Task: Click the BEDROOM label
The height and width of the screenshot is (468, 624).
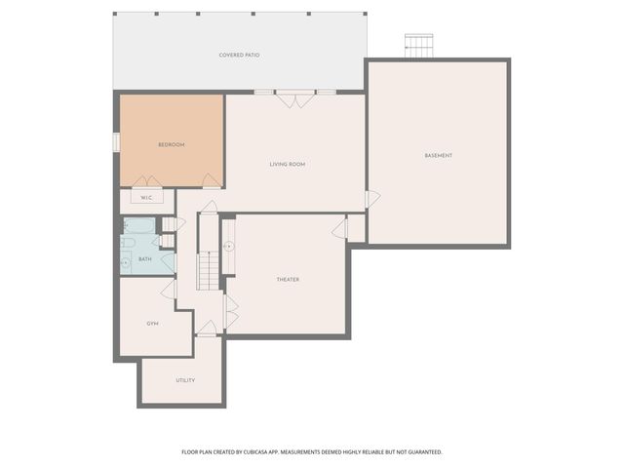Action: [x=171, y=144]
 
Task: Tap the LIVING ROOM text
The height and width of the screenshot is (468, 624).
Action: [x=288, y=164]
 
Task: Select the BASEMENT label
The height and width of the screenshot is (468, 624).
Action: [x=438, y=156]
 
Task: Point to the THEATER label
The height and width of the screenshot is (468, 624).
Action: [x=288, y=280]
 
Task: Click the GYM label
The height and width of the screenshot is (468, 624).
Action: [x=152, y=323]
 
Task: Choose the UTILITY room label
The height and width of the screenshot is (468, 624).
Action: [x=184, y=380]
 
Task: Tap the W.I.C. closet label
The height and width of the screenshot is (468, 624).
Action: [x=146, y=198]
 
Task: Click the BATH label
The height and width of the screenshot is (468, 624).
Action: [x=144, y=259]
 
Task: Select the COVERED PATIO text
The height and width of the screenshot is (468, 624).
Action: [x=239, y=55]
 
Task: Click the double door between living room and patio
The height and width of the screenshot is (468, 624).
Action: [x=294, y=97]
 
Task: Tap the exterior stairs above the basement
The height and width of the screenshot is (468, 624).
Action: [x=418, y=45]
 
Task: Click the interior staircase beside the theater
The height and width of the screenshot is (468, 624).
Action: [x=208, y=269]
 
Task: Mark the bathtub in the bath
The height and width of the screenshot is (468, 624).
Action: [x=139, y=225]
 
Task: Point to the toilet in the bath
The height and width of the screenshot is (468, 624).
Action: [x=129, y=242]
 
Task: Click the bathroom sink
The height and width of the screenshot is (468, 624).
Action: [x=126, y=260]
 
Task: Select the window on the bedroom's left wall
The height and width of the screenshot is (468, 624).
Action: [x=116, y=142]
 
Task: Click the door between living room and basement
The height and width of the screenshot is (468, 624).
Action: [x=371, y=199]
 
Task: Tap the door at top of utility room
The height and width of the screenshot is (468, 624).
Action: [x=207, y=330]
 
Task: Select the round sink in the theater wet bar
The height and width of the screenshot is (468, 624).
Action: [x=227, y=246]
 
